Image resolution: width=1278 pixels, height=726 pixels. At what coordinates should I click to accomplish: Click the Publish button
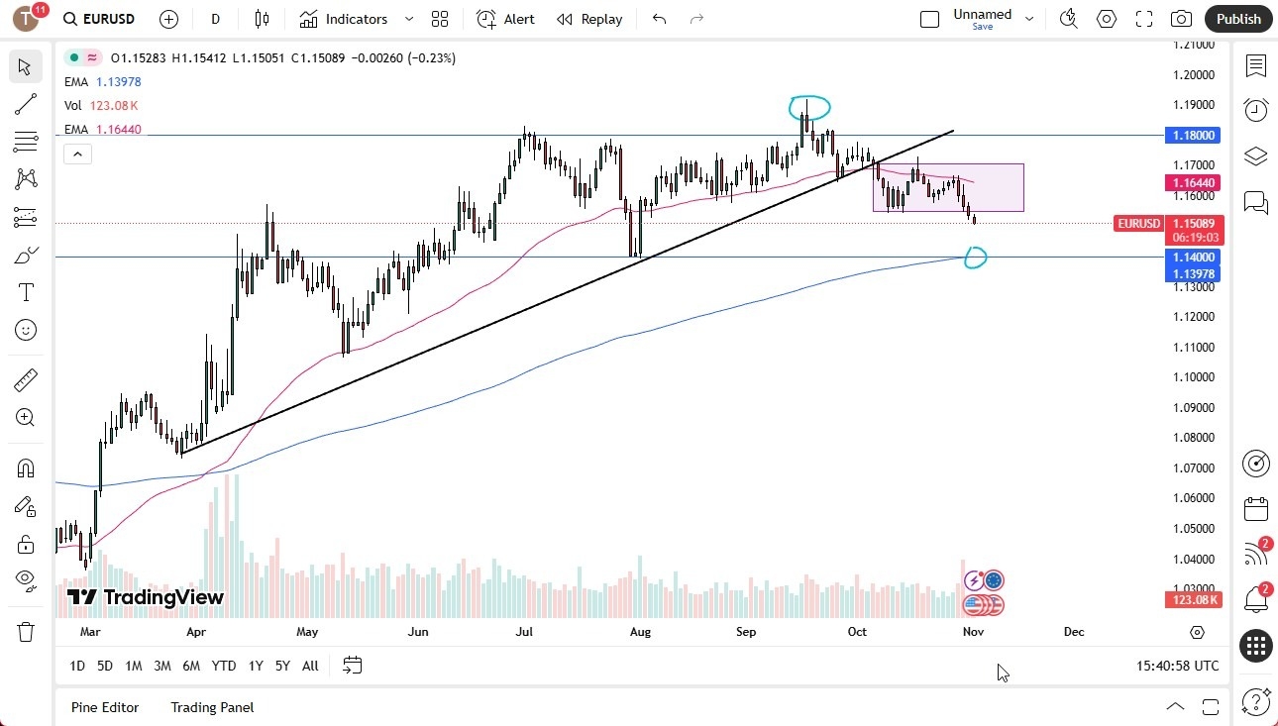click(x=1238, y=19)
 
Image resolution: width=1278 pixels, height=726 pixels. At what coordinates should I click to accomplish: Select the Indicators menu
click(x=345, y=19)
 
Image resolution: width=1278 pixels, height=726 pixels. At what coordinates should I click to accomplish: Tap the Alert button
click(x=506, y=19)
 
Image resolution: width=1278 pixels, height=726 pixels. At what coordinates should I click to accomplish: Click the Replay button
click(x=590, y=19)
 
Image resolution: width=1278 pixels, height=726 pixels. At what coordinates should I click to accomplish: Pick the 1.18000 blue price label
click(x=1193, y=135)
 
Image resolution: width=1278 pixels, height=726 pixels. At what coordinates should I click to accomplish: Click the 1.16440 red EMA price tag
click(x=1193, y=183)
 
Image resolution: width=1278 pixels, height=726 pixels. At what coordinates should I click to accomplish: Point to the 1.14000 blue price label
click(x=1193, y=258)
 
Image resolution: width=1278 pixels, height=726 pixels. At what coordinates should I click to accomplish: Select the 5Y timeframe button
click(x=282, y=666)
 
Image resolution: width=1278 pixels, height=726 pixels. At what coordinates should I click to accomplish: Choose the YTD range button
click(x=224, y=666)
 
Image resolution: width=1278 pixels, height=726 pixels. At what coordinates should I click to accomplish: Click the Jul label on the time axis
click(x=524, y=631)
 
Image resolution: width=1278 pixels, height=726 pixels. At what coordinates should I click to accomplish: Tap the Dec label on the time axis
click(x=1074, y=631)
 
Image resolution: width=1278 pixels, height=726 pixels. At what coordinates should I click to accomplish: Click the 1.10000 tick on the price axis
click(x=1193, y=377)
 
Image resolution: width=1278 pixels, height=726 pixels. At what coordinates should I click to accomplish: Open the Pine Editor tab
click(x=105, y=707)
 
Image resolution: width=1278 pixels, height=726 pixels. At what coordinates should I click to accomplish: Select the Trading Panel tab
click(x=212, y=707)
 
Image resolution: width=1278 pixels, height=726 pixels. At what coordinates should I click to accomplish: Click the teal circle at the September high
click(x=809, y=106)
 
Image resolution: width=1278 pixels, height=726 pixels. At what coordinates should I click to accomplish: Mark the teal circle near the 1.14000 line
click(x=976, y=259)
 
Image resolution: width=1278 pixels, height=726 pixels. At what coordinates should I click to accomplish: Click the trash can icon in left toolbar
click(x=26, y=631)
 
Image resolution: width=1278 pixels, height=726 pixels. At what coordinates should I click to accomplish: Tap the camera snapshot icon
click(x=1181, y=19)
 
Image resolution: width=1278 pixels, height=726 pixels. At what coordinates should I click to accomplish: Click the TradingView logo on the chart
click(x=146, y=597)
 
